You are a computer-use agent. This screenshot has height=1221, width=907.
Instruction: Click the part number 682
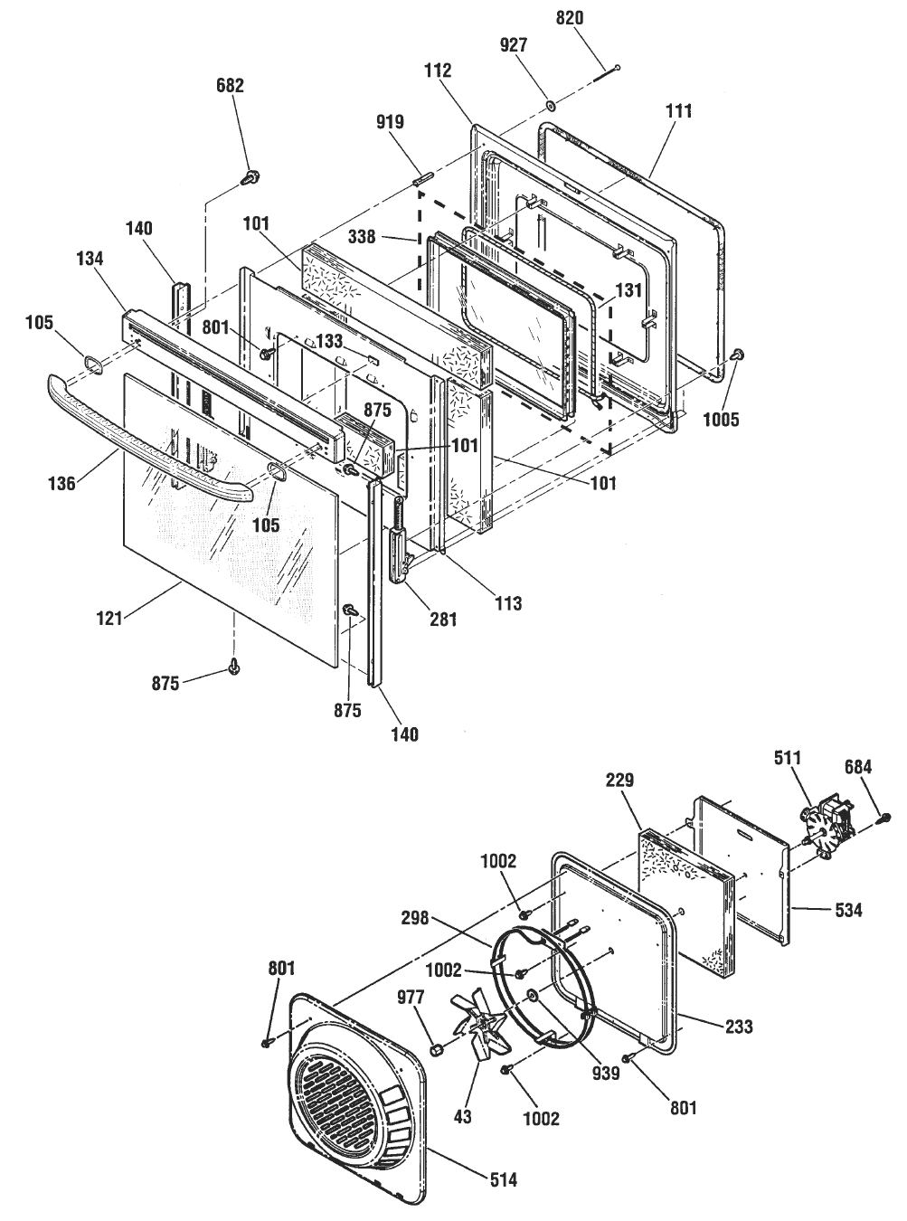coord(230,86)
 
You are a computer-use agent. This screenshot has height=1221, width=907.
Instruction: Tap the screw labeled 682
coord(246,178)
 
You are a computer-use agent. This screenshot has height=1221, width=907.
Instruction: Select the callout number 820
coord(570,17)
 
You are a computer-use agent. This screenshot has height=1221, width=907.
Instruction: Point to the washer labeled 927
coord(548,107)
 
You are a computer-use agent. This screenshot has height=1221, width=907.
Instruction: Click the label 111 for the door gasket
coord(677,111)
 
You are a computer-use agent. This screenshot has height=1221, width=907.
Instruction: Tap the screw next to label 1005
coord(737,355)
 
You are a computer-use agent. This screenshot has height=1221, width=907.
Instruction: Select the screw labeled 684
coord(884,818)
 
